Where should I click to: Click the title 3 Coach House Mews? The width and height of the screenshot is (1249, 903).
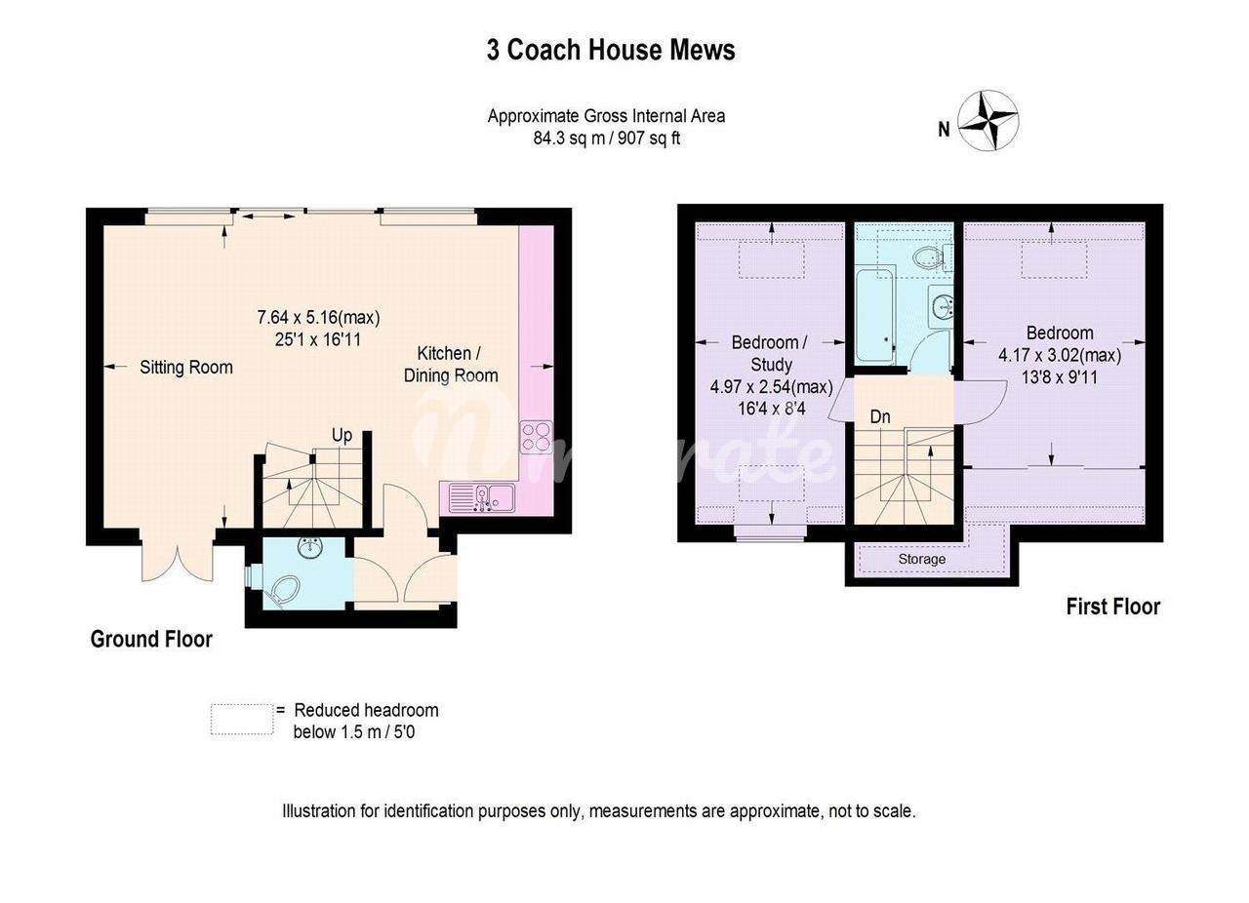pyautogui.click(x=611, y=50)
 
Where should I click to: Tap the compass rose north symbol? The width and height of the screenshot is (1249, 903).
pyautogui.click(x=988, y=120)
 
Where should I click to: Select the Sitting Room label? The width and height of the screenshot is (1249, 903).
pyautogui.click(x=186, y=368)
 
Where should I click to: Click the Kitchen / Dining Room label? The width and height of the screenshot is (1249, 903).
pyautogui.click(x=451, y=365)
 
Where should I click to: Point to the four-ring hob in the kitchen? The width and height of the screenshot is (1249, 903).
pyautogui.click(x=536, y=437)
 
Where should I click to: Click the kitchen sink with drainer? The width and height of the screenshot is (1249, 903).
pyautogui.click(x=482, y=497)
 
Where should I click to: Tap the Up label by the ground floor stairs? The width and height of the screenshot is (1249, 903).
pyautogui.click(x=342, y=435)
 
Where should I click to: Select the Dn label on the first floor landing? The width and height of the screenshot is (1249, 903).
pyautogui.click(x=880, y=417)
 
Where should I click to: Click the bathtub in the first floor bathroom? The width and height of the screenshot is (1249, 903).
pyautogui.click(x=875, y=316)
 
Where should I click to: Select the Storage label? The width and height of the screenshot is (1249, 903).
pyautogui.click(x=922, y=559)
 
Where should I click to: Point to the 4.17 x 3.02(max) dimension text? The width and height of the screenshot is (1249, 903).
pyautogui.click(x=1060, y=355)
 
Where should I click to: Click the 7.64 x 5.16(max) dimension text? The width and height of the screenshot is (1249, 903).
pyautogui.click(x=318, y=318)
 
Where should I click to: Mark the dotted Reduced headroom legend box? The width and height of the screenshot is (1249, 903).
pyautogui.click(x=242, y=720)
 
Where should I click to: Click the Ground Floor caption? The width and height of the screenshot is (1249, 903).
pyautogui.click(x=151, y=640)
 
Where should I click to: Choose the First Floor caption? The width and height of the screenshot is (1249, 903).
pyautogui.click(x=1113, y=607)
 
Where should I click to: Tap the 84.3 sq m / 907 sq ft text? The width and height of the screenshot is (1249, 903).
pyautogui.click(x=607, y=138)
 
